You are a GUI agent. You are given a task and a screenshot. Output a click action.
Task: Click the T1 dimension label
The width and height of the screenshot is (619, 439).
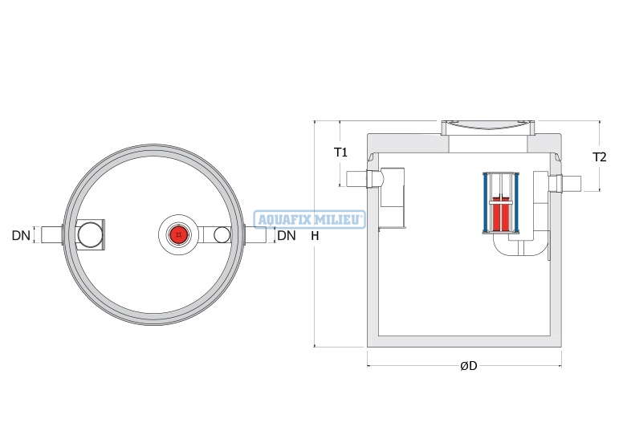tap(340, 152)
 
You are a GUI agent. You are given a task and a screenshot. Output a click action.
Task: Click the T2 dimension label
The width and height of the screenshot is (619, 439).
tap(599, 157)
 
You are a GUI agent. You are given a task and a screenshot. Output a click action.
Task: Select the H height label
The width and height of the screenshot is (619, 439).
tap(315, 236)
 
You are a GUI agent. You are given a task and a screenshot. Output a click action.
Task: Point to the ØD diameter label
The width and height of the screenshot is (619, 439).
tap(469, 366)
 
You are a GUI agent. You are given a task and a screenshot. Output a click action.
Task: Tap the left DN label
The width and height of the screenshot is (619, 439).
tap(21, 236)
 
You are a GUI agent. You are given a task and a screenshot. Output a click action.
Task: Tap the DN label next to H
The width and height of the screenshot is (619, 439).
tap(286, 236)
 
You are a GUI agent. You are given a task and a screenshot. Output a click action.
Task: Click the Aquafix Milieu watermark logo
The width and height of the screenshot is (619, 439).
tap(309, 220)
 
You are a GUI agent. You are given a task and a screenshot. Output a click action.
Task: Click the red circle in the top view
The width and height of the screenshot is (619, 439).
tap(179, 235)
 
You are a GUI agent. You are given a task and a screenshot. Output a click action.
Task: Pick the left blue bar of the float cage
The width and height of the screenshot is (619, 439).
tap(486, 202)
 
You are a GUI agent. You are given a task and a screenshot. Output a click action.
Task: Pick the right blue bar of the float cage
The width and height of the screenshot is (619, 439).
tap(515, 202)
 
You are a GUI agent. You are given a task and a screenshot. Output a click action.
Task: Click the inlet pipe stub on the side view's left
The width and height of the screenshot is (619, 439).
tap(357, 179)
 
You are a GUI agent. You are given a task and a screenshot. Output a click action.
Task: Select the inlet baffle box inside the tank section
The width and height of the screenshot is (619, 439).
tap(393, 188)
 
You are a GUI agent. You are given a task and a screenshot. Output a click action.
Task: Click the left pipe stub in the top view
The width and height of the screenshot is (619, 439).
tap(51, 235)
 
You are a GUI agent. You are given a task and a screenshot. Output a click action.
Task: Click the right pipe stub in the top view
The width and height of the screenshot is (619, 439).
tap(255, 235)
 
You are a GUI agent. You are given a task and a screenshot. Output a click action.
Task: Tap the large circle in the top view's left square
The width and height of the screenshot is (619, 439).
tap(90, 235)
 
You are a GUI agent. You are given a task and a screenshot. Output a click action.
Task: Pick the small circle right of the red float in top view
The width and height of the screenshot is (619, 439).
tap(222, 235)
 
